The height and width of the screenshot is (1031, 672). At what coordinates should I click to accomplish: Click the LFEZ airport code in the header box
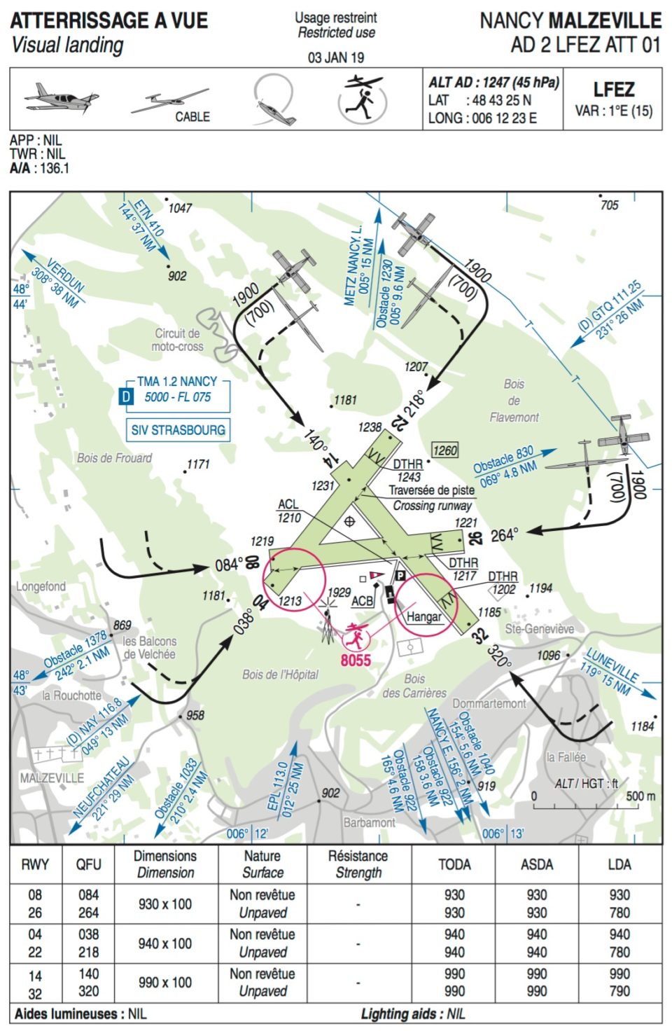pos(613,90)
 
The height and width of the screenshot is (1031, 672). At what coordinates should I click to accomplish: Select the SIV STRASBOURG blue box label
pos(178,429)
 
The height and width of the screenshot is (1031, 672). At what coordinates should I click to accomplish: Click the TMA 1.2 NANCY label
pos(176,382)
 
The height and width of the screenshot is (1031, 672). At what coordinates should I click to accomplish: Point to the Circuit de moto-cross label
pos(177,340)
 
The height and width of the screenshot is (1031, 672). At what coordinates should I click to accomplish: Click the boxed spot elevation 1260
pos(445,450)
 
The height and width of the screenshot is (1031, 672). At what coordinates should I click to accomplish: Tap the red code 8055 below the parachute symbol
pos(356,660)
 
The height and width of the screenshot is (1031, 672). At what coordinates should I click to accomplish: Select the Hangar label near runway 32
pos(424,616)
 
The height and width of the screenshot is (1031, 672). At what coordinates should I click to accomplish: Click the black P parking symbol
pos(401,576)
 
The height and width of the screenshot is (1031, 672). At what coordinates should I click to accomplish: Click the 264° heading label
pos(504,535)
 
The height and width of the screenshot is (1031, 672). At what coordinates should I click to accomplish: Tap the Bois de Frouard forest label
pos(114,458)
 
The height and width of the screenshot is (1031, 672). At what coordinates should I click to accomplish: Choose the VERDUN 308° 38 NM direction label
pos(56,282)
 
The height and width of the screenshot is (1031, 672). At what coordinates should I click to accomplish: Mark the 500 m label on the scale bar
pos(640,796)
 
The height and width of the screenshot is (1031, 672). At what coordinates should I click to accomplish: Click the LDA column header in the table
pos(619,864)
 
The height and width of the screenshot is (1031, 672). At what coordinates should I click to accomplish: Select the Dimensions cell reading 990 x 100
pos(165,983)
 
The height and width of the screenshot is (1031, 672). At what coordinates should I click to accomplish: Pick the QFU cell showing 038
pos(88,934)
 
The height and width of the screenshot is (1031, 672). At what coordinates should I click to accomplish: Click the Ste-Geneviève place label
pos(540,629)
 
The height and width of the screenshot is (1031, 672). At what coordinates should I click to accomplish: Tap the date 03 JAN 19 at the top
pos(336,57)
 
